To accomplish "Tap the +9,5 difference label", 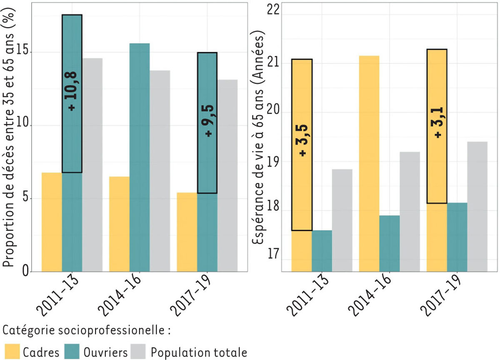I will click(207, 121).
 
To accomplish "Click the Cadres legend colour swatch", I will click(12, 351).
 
